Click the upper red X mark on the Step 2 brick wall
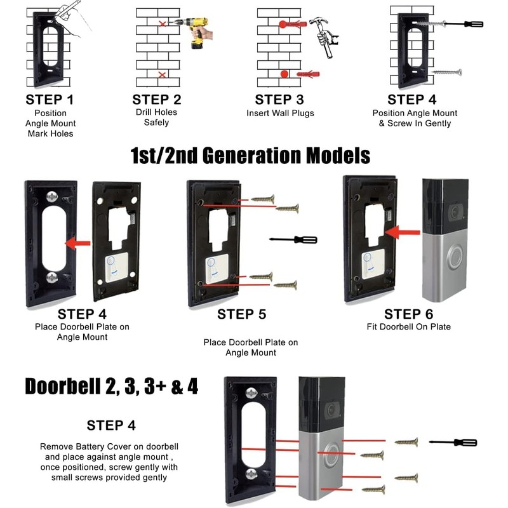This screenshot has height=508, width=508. (x=163, y=23)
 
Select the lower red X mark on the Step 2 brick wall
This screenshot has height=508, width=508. (x=163, y=75)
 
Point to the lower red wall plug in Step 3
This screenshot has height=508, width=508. (x=310, y=74)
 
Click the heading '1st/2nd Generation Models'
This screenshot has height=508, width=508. (x=250, y=155)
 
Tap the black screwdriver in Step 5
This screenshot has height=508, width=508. (x=293, y=240)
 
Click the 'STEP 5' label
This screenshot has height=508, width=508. (x=241, y=314)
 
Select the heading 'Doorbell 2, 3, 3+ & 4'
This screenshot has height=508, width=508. (x=111, y=386)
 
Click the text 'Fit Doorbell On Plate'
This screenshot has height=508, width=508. (x=408, y=327)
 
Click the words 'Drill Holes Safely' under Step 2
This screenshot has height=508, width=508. (x=156, y=117)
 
